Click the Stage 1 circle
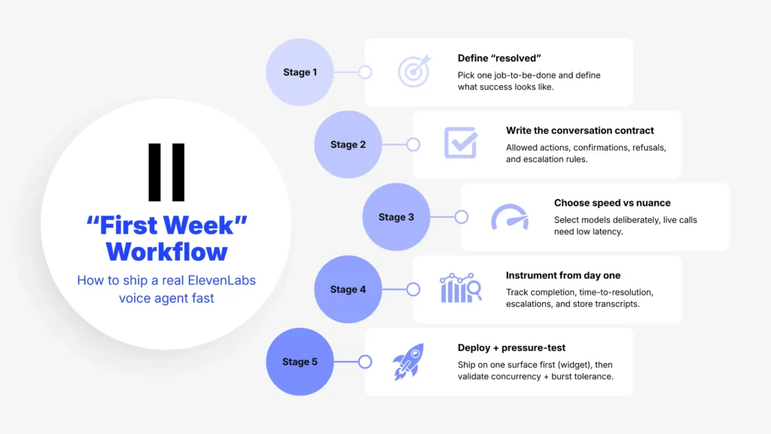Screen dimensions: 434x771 point(300,72)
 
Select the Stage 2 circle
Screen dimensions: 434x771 point(347,145)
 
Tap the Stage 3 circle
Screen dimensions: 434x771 point(395,217)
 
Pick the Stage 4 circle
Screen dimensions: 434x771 point(347,289)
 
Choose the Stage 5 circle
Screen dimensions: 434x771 point(300,362)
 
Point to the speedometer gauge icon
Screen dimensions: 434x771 point(509,216)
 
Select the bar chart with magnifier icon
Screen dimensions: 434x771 point(461,289)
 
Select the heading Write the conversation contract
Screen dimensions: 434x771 point(580,130)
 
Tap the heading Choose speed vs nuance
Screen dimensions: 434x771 point(612,203)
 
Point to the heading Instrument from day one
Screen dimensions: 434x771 point(563,275)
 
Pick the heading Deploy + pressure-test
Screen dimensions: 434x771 point(511,347)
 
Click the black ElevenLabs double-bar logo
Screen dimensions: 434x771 point(166,172)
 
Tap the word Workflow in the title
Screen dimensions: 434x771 point(166,251)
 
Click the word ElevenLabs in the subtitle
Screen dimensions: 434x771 point(218,280)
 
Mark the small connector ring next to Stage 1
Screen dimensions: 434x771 point(365,72)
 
